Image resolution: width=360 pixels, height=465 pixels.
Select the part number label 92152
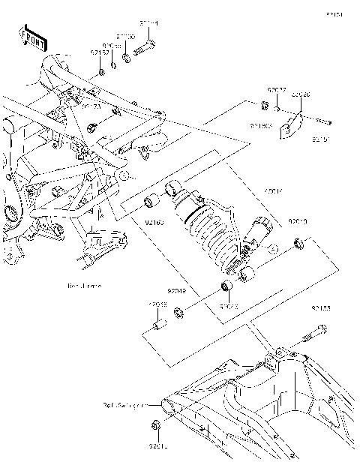tap(100, 53)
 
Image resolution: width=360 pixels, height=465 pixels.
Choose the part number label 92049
tap(177, 290)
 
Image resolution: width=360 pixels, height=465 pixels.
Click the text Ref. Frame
tap(85, 286)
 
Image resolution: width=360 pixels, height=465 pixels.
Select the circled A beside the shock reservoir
tap(272, 247)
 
